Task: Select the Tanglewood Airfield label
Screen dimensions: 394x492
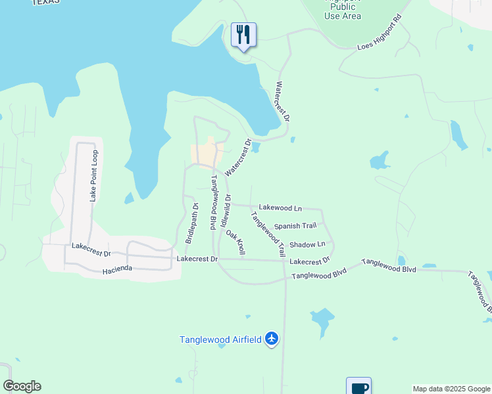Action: click(x=221, y=339)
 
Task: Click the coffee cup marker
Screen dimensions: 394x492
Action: click(x=358, y=387)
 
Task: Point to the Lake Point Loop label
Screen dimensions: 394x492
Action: click(x=94, y=175)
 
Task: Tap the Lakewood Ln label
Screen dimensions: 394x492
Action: click(x=280, y=208)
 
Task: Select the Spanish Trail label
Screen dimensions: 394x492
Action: click(x=295, y=226)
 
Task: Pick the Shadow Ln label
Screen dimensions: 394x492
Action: click(x=307, y=244)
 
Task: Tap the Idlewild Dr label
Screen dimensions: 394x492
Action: click(x=228, y=206)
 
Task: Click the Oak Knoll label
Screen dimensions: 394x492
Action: click(x=235, y=243)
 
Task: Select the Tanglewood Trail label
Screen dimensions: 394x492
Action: click(x=268, y=234)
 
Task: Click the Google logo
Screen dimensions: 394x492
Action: click(x=22, y=386)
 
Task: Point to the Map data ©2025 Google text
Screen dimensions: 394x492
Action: click(x=451, y=389)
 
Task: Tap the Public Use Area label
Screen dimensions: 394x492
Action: click(x=343, y=11)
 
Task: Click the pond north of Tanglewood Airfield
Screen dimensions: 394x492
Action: click(x=322, y=321)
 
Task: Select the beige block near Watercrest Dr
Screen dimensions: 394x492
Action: click(x=205, y=155)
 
